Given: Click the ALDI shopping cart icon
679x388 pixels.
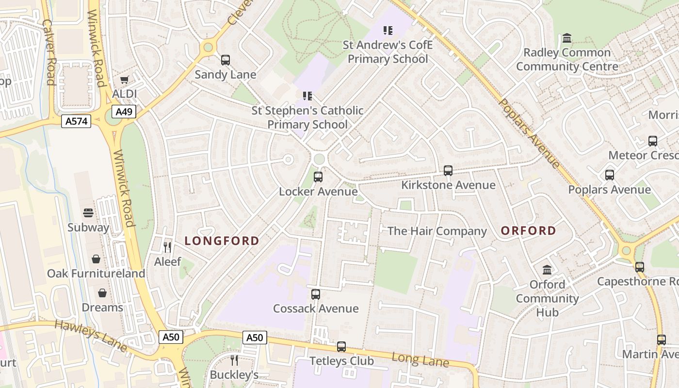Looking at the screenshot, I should coord(125,80).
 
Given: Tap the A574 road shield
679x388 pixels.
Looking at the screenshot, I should coord(77,121).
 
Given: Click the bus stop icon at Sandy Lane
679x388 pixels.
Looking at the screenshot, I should coord(226,60).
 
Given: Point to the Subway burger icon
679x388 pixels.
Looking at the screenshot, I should coord(88,213).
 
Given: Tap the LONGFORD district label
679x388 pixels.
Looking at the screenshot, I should coord(222,241).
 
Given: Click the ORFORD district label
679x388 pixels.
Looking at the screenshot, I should coord(528,231).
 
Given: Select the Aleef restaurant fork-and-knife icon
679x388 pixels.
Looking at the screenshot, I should coord(167,247).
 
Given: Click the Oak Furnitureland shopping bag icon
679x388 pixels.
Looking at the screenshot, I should coord(96,259).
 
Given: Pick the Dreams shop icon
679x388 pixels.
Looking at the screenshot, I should coord(102,293).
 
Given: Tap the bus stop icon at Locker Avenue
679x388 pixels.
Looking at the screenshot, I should coord(318,177).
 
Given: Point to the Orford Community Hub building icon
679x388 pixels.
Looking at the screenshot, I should coord(547,270).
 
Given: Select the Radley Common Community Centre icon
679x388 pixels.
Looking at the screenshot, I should coord(567,38).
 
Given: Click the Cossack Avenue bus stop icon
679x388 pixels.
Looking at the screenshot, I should coord(316,294).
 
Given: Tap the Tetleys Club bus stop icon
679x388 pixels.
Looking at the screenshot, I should coord(341,347).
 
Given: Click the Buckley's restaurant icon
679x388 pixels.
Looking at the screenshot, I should coord(234,360).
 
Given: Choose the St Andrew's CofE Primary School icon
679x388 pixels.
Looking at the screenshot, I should coord(388,31).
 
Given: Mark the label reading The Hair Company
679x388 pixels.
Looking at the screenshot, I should coord(437,231).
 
